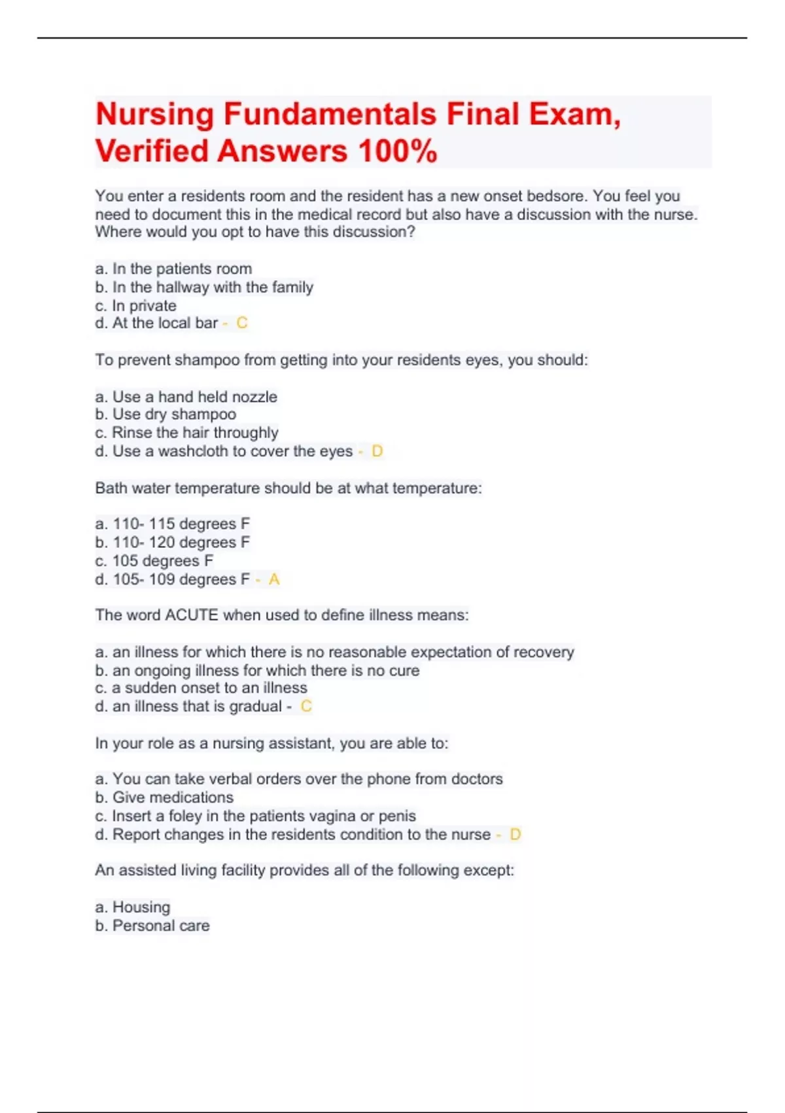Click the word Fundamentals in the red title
330,115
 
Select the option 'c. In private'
135,306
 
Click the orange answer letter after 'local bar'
241,323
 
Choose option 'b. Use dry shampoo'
166,414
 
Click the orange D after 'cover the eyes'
377,451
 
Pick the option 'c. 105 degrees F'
154,561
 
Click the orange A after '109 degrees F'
273,579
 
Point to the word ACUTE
192,615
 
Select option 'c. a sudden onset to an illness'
201,688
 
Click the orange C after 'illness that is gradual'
305,706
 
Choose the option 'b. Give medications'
164,797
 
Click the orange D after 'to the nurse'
515,835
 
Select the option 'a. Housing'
133,907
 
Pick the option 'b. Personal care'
152,926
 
